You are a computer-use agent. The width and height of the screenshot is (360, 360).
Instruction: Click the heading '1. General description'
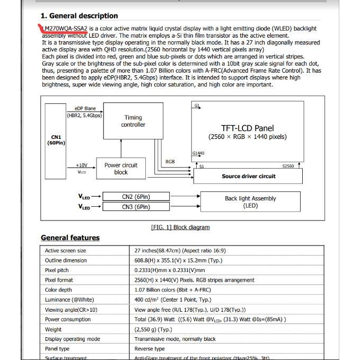tap(79, 16)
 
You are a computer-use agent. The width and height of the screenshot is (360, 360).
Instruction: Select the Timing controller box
tap(133, 121)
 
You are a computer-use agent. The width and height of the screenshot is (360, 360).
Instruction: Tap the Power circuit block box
tap(120, 169)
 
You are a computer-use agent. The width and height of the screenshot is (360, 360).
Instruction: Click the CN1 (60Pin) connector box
tap(55, 141)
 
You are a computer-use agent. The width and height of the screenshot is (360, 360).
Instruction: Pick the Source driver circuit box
tap(248, 176)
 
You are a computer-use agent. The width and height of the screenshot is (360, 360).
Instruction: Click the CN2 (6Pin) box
tap(136, 197)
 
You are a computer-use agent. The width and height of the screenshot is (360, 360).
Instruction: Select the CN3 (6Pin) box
tap(136, 207)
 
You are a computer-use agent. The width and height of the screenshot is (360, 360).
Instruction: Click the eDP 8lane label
tap(85, 109)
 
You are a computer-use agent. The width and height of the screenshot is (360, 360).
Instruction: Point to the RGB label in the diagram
tap(170, 161)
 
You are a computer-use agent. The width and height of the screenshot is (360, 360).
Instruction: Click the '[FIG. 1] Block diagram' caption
tap(180, 227)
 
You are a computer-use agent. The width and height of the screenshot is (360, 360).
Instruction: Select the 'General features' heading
tap(70, 238)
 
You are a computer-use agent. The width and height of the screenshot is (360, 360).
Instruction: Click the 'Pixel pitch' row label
tap(57, 270)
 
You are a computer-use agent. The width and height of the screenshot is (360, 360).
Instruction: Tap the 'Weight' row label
tap(53, 329)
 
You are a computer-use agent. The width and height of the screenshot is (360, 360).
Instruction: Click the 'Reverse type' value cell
tap(150, 349)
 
